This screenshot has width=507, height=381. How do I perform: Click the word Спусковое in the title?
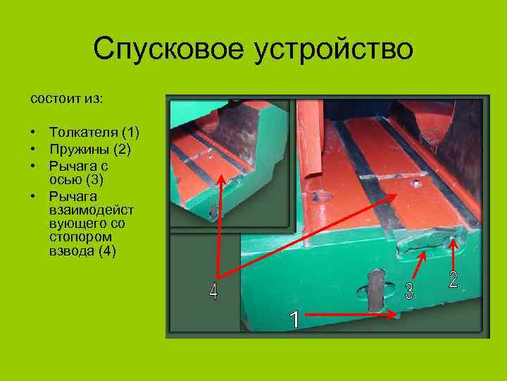(x=163, y=49)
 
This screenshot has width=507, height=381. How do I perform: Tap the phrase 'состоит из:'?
(x=66, y=98)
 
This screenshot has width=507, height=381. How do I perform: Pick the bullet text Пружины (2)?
(x=89, y=150)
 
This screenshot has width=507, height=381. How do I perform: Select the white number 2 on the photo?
(x=453, y=279)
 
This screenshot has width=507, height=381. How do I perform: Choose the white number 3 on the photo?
(x=409, y=291)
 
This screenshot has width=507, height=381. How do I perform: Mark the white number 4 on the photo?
(x=214, y=292)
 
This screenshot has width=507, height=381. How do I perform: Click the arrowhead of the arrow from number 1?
(x=395, y=317)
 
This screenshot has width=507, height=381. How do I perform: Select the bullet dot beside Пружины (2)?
(x=33, y=150)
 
